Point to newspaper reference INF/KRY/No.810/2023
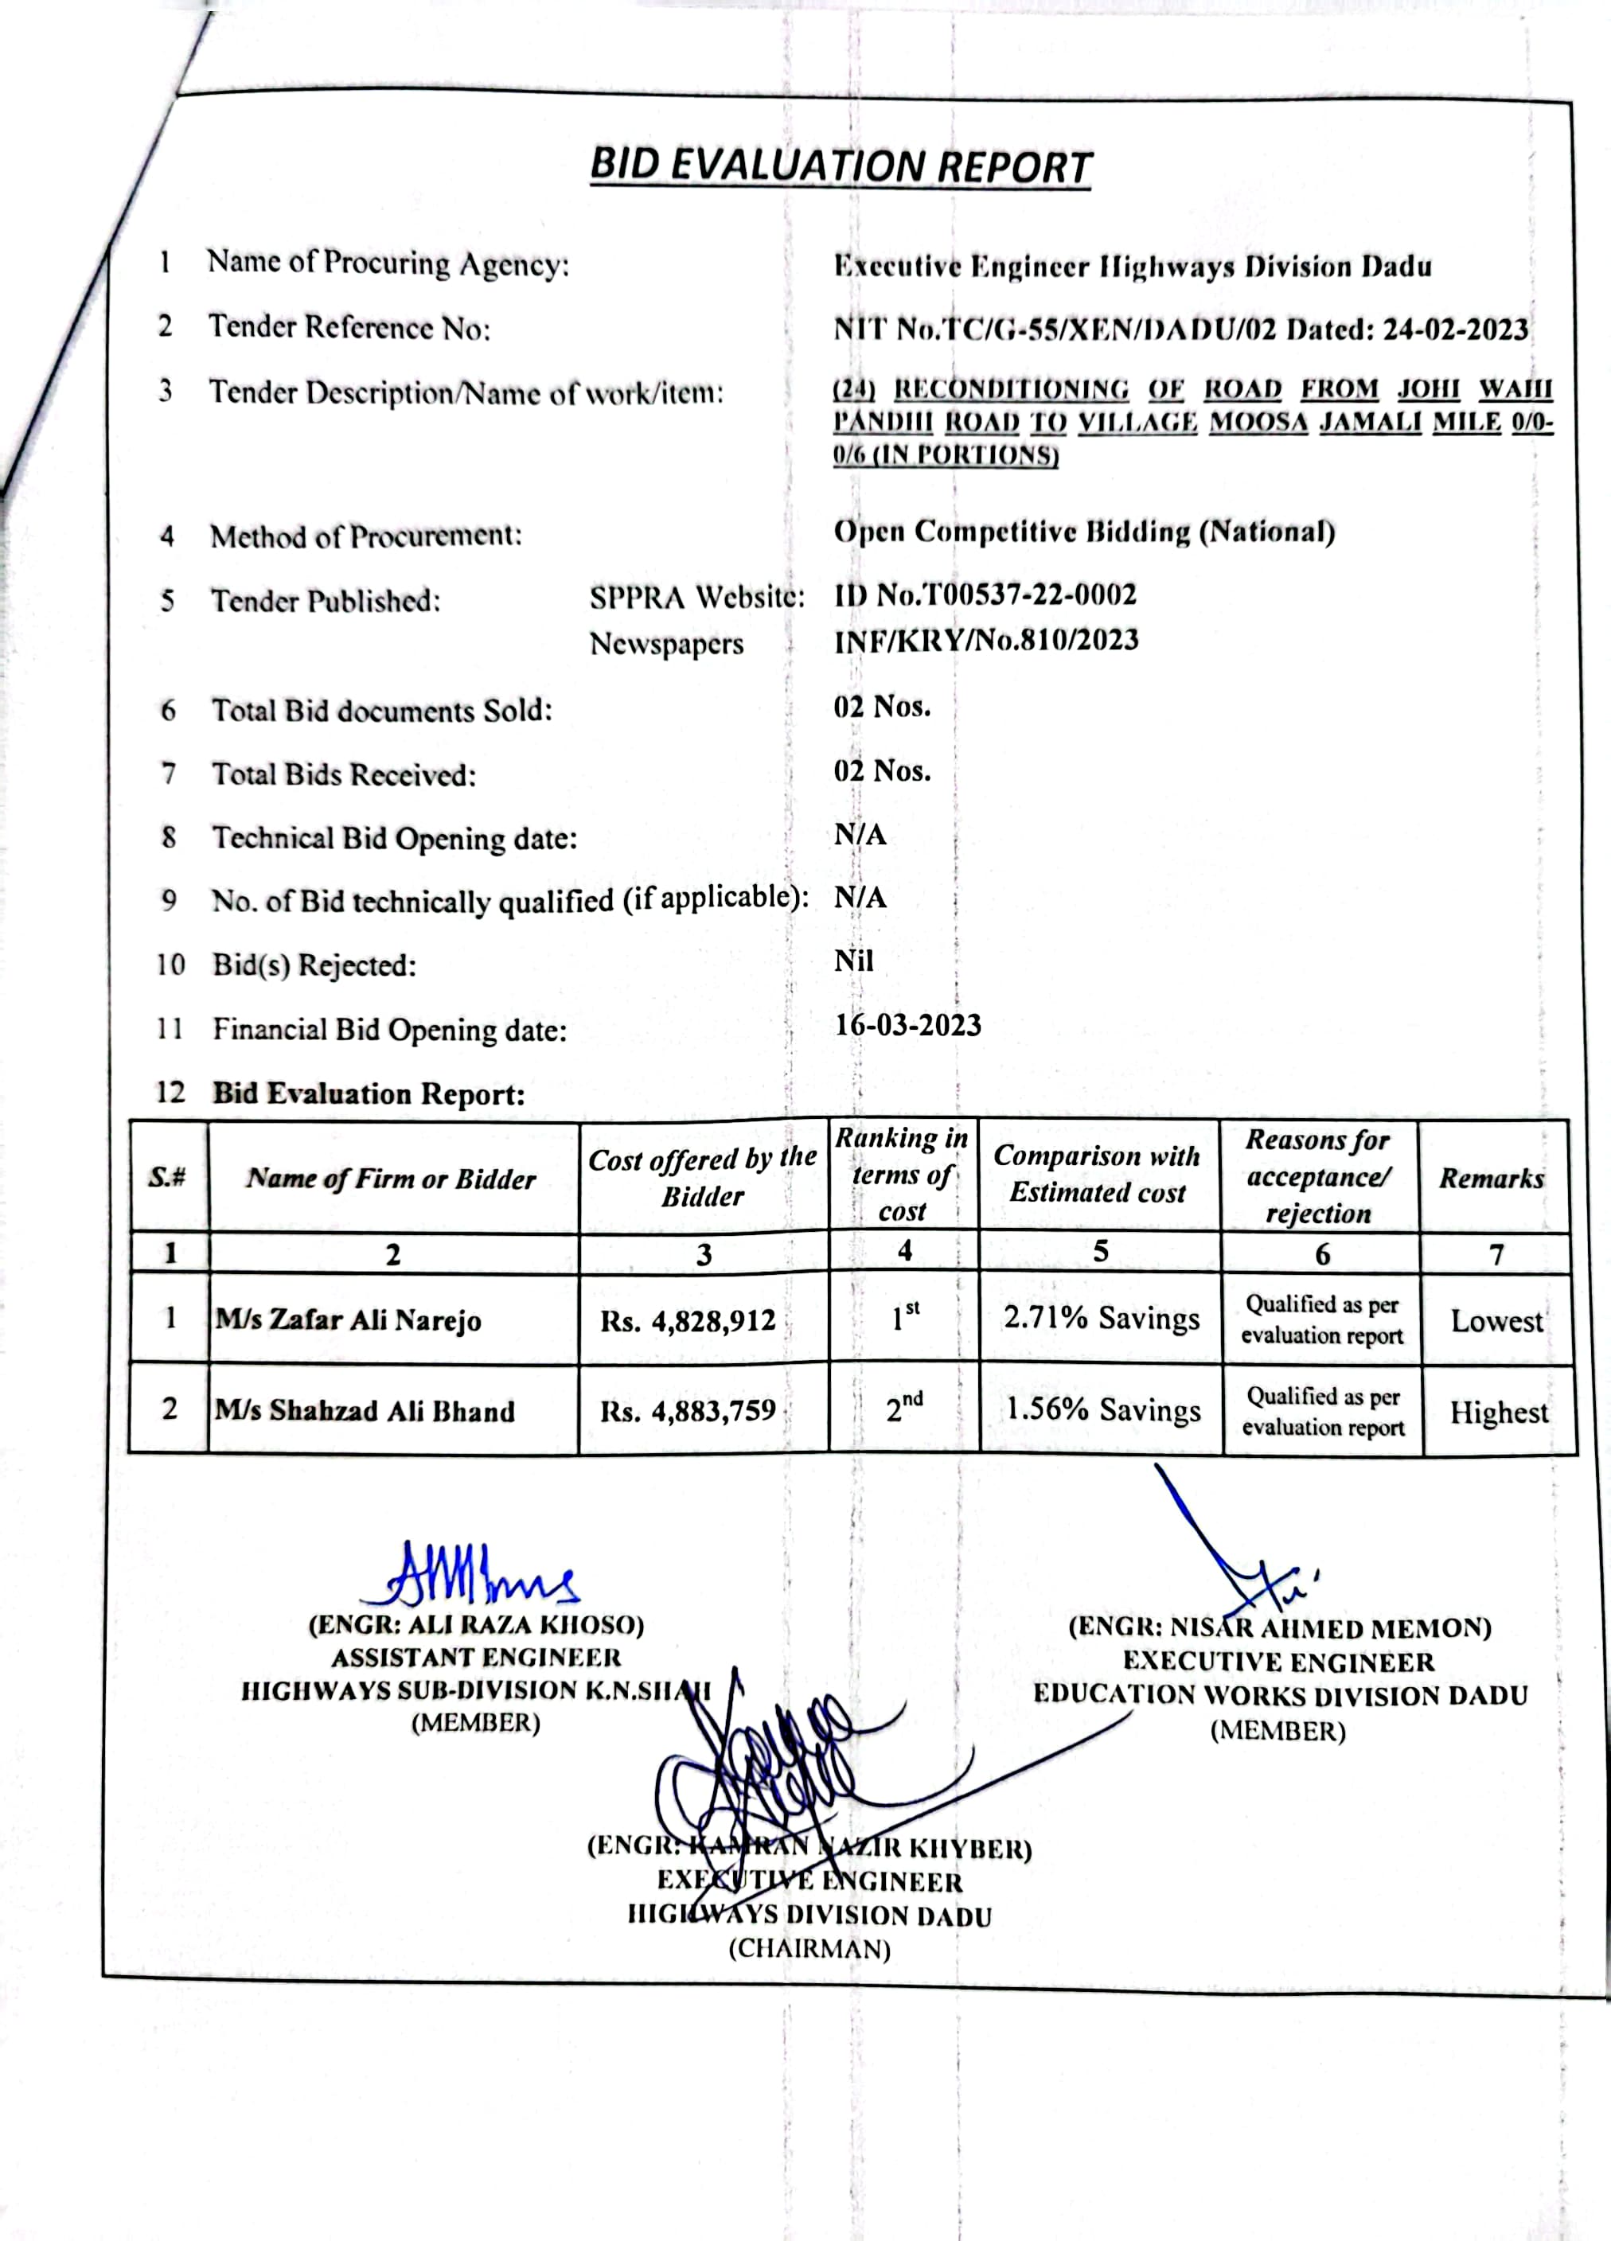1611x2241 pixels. point(985,641)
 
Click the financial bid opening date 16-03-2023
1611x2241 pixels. point(907,1025)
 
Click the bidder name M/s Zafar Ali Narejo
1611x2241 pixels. point(349,1320)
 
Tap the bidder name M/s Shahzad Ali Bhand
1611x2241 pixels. point(365,1410)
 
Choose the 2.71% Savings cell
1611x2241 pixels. point(1101,1318)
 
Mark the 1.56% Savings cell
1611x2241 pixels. point(1103,1410)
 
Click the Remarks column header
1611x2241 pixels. point(1492,1178)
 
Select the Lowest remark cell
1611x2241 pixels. point(1496,1321)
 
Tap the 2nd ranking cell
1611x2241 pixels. point(903,1407)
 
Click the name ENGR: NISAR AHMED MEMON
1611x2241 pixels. point(1280,1627)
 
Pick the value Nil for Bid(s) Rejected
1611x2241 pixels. point(854,961)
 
